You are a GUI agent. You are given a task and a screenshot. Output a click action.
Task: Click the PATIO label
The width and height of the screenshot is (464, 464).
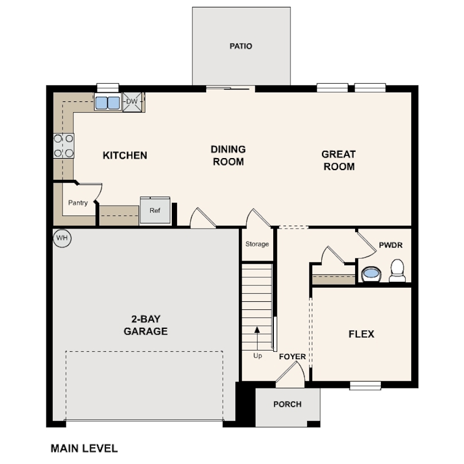point(241,46)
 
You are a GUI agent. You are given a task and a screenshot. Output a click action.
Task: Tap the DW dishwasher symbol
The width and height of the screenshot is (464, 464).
point(132,101)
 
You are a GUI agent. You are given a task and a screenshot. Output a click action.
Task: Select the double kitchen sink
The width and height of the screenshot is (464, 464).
point(108,103)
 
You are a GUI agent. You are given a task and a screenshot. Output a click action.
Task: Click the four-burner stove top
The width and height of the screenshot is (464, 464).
point(64,146)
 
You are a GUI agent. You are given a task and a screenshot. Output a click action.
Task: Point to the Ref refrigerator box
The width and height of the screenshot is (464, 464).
point(155,210)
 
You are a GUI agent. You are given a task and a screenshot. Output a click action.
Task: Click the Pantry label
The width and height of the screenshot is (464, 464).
point(78,203)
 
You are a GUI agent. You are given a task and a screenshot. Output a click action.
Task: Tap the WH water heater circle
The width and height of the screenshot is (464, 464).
point(62,238)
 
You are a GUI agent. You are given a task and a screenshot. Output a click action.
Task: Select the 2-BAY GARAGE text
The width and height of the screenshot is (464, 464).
point(146,325)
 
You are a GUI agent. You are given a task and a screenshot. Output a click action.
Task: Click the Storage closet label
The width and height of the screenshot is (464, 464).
point(257,244)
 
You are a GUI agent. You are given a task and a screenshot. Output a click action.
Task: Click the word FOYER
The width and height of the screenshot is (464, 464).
point(292,356)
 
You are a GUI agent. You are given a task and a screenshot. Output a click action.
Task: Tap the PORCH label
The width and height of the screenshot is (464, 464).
point(288,404)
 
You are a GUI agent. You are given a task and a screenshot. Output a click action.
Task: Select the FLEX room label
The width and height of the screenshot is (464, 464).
point(361,334)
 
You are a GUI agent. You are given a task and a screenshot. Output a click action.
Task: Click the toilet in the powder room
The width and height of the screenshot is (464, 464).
point(397,270)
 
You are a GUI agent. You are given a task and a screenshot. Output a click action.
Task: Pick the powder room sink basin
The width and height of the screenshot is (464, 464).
point(371,274)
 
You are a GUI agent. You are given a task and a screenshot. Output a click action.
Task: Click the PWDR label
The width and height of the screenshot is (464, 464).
point(391,245)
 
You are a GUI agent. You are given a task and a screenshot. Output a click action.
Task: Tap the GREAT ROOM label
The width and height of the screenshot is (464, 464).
point(339,160)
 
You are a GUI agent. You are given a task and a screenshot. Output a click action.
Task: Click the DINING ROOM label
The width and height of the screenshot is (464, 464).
point(228,155)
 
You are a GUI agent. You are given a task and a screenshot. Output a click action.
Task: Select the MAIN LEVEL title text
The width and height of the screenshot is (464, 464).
point(84,449)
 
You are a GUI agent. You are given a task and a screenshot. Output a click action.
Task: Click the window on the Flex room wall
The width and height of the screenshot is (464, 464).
point(365,386)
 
